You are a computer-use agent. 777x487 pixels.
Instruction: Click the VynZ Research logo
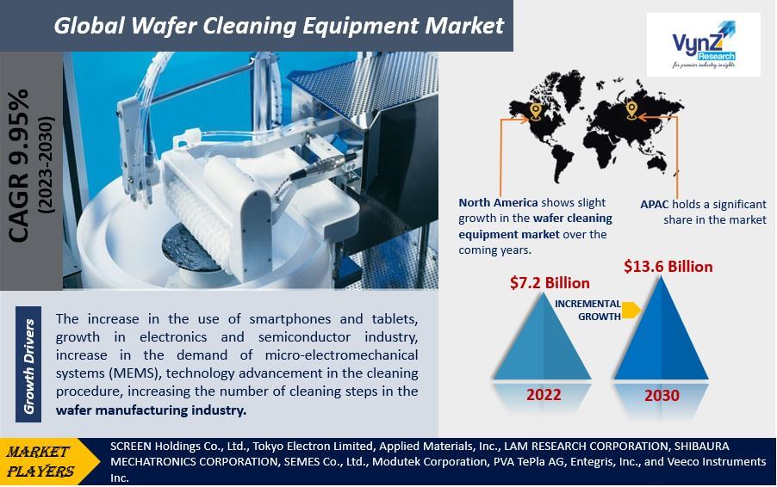703,45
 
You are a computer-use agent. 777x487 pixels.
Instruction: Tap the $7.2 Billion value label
550,283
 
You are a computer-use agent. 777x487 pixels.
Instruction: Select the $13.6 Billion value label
668,267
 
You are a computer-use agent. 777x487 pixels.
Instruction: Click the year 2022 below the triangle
544,395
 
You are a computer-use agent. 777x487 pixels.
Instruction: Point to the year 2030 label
662,396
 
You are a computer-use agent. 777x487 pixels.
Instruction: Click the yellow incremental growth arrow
631,310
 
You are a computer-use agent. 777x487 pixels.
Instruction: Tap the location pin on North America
535,111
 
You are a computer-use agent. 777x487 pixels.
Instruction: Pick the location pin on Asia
631,110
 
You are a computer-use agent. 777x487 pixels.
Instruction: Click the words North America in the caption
498,202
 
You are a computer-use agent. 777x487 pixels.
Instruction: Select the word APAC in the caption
654,205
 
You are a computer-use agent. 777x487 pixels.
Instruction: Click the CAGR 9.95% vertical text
19,166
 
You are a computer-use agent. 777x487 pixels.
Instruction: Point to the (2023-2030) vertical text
46,166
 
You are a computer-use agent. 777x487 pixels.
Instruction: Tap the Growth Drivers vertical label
28,367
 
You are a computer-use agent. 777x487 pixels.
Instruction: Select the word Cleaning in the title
249,26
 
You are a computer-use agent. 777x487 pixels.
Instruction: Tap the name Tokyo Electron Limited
313,446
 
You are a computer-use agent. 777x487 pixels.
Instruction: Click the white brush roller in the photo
201,223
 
